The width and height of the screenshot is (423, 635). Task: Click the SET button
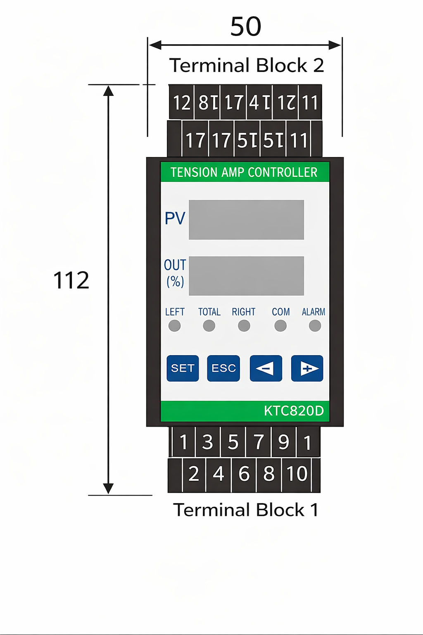tap(183, 368)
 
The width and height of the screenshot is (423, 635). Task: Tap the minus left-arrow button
tap(266, 368)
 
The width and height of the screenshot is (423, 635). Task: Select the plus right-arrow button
tap(307, 368)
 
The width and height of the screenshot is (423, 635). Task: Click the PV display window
tap(246, 220)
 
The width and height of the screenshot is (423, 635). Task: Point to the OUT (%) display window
tap(246, 276)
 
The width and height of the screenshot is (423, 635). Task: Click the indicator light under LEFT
tap(174, 326)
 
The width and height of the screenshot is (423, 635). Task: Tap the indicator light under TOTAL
tap(209, 326)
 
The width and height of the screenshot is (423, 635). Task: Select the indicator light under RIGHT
tap(244, 326)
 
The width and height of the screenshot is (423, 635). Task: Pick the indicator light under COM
tap(280, 326)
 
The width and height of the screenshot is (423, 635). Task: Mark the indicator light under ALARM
tap(315, 326)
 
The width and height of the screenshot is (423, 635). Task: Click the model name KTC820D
tap(294, 411)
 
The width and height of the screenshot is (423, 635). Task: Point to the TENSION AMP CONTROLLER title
tap(244, 172)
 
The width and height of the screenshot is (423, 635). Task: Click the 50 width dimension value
tap(246, 26)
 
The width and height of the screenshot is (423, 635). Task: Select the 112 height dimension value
tap(71, 280)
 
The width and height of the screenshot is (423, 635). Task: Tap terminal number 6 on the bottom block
tap(244, 474)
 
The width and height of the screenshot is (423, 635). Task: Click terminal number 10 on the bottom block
tap(297, 474)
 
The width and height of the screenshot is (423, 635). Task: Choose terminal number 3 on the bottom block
tap(207, 442)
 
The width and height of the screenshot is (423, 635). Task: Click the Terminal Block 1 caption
tap(246, 510)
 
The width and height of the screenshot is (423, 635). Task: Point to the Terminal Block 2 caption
tap(247, 65)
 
